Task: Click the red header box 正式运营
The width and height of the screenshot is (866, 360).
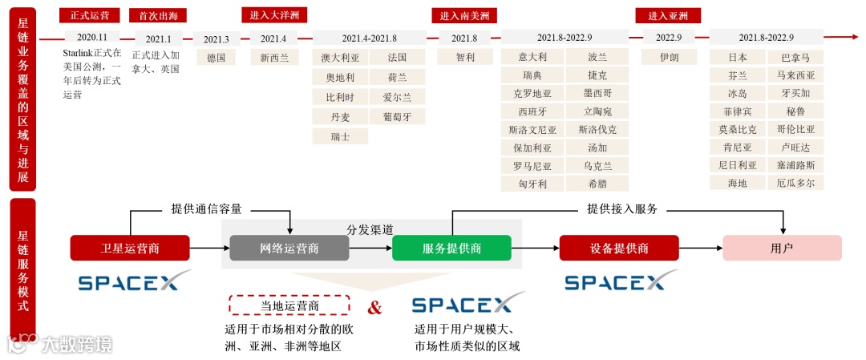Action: point(90,15)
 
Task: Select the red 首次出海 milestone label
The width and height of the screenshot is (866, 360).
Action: point(158,15)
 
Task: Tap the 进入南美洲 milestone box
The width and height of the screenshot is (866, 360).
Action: point(464,15)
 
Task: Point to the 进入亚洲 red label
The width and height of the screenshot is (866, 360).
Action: point(668,15)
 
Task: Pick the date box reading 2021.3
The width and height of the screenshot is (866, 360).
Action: point(216,38)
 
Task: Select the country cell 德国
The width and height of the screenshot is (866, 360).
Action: point(216,58)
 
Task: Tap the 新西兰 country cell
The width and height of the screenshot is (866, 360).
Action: point(273,58)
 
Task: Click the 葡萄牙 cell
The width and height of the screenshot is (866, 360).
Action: point(397,117)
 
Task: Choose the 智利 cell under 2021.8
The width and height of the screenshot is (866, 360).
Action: point(464,58)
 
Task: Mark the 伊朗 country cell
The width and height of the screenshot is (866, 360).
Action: point(669,58)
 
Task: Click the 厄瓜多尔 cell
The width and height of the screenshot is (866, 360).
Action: point(795,183)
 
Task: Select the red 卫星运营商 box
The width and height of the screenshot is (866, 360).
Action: point(130,248)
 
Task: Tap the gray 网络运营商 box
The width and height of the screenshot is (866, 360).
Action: point(289,248)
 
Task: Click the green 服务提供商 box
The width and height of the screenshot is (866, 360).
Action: point(451,248)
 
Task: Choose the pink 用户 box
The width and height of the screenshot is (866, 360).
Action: point(782,248)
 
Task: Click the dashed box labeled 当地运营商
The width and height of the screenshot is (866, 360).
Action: point(289,305)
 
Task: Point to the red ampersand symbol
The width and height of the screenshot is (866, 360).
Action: point(374,307)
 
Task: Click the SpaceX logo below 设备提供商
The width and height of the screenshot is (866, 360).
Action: point(615,282)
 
